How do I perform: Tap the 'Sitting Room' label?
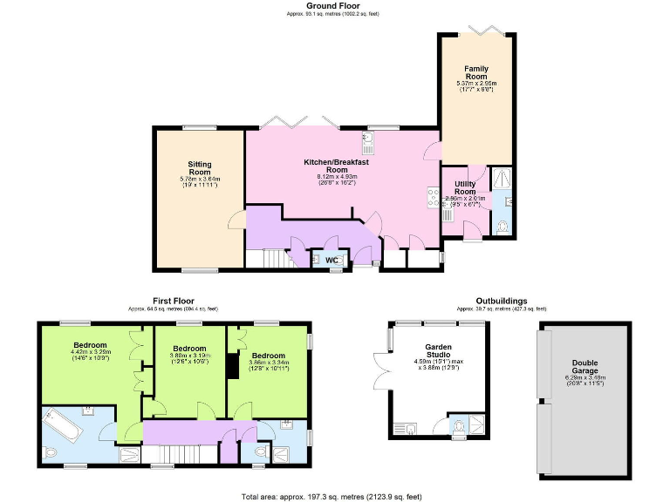pos(200,168)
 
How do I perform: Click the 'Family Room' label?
pos(476,72)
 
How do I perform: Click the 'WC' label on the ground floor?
pos(332,260)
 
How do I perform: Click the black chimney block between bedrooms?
pos(233,366)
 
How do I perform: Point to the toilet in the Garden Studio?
pos(459,426)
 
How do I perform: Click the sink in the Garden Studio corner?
pos(409,428)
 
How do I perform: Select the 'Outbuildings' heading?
pos(501,300)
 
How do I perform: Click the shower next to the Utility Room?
pos(502,180)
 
